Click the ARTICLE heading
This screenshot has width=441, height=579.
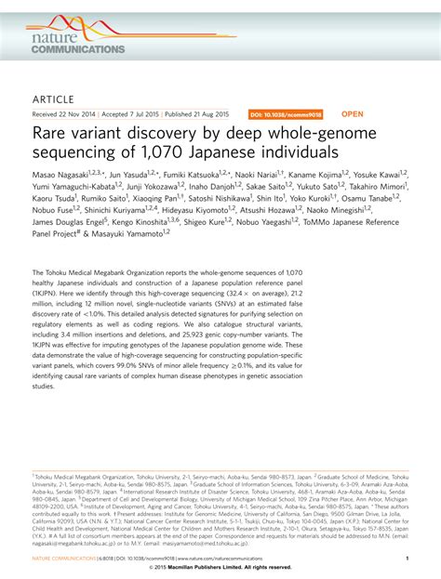pyautogui.click(x=53, y=98)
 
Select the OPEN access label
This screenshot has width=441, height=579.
pyautogui.click(x=354, y=115)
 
